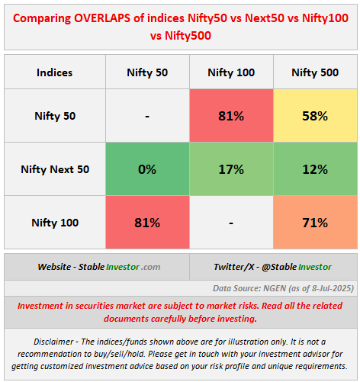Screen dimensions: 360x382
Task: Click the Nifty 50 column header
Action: click(147, 72)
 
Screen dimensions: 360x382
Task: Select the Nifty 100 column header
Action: click(231, 72)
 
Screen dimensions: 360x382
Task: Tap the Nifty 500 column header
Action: click(315, 72)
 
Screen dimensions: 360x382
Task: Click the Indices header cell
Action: click(54, 72)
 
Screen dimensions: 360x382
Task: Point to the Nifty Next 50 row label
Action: click(55, 169)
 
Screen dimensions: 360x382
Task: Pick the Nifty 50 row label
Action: click(55, 116)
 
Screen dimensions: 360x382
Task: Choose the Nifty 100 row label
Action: click(55, 223)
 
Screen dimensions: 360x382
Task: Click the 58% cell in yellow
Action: click(315, 116)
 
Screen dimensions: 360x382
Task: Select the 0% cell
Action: click(147, 169)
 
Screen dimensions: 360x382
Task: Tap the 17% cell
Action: click(231, 169)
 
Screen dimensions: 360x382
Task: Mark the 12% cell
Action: click(315, 169)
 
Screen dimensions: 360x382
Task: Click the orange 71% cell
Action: click(315, 223)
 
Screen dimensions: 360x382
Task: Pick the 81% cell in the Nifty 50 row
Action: click(231, 116)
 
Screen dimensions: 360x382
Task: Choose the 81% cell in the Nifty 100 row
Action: click(147, 223)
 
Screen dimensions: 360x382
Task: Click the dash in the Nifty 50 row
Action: click(147, 117)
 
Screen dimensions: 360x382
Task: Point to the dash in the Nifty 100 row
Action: click(231, 223)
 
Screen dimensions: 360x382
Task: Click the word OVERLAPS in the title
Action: click(102, 18)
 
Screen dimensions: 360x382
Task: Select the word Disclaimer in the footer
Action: click(53, 342)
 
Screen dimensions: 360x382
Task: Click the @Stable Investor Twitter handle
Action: click(297, 267)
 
